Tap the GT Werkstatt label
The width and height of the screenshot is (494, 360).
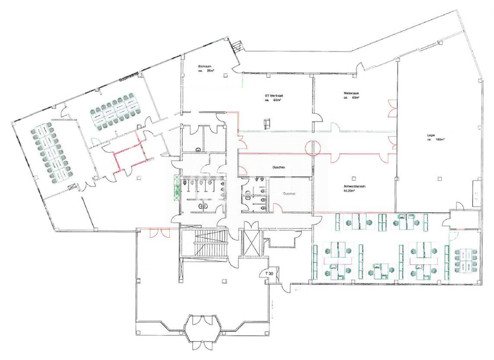click(x=275, y=94)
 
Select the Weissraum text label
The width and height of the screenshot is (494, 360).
click(x=351, y=94)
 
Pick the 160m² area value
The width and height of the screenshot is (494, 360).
click(x=441, y=139)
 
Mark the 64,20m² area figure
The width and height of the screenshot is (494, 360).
click(x=351, y=192)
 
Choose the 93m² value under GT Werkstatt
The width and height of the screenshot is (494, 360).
click(x=279, y=100)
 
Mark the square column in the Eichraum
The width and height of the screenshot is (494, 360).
click(x=226, y=76)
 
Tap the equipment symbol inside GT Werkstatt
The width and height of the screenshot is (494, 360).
click(x=265, y=120)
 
